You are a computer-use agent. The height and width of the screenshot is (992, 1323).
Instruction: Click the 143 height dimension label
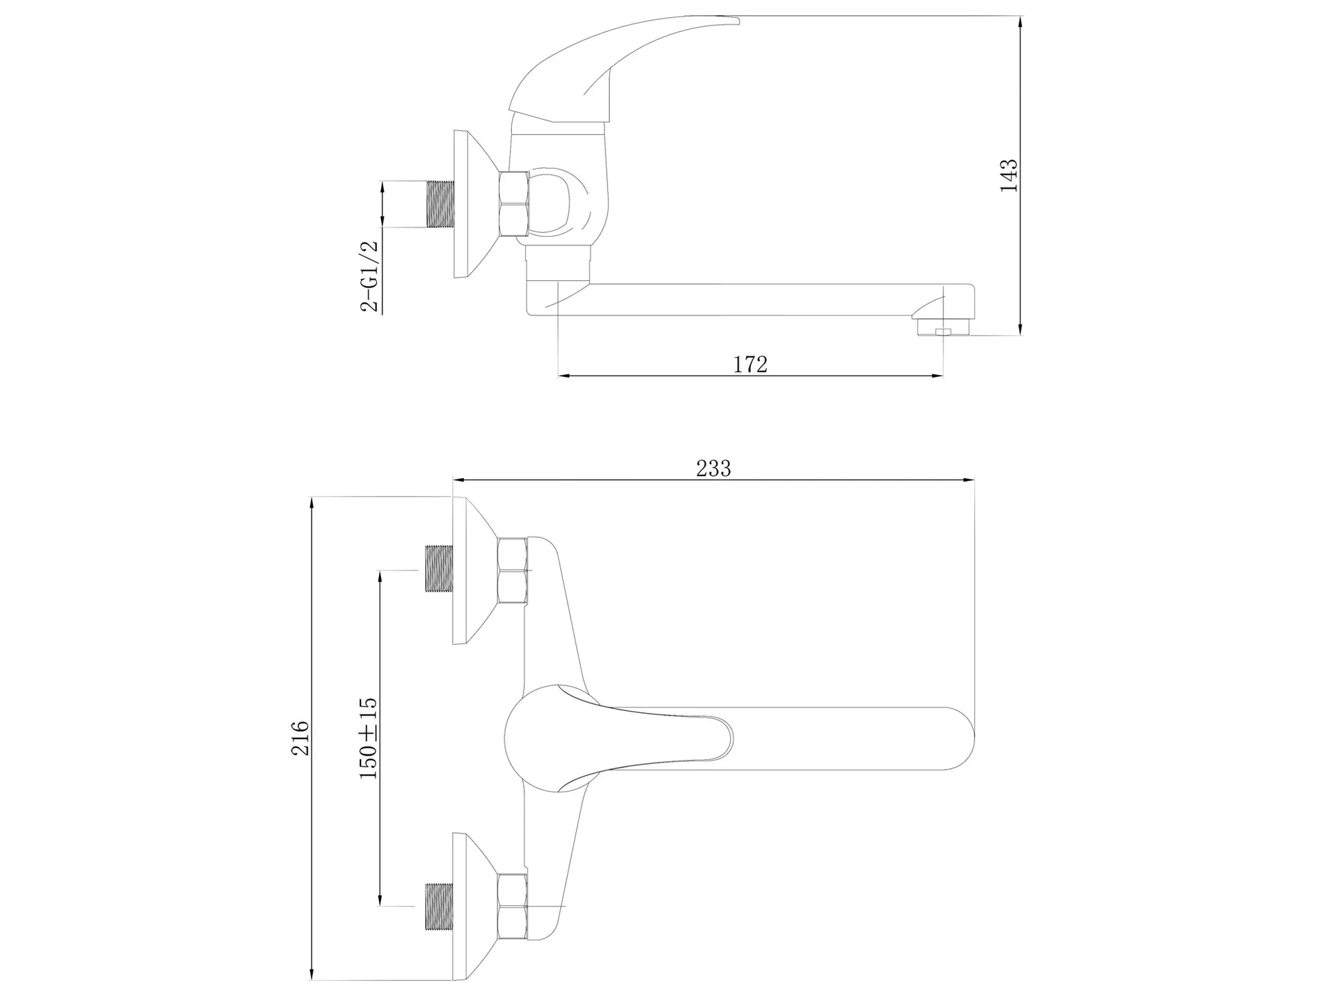1009,176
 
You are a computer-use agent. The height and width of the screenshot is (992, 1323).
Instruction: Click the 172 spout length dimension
750,364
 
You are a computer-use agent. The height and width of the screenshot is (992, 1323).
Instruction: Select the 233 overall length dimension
713,468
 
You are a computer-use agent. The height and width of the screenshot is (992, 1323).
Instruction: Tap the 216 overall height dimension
300,738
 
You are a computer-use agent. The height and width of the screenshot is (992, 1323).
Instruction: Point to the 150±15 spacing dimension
368,737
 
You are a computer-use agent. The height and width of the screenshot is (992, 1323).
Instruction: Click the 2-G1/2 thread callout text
370,276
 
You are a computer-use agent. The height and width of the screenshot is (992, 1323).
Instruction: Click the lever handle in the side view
624,69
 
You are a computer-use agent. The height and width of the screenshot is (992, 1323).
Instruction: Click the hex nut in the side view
514,205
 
